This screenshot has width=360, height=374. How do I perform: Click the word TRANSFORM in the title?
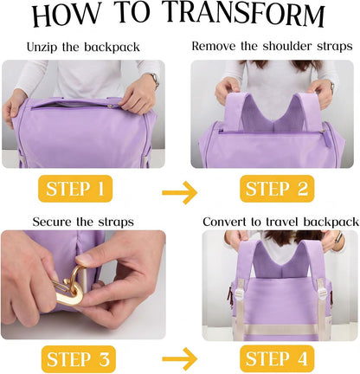[245, 14]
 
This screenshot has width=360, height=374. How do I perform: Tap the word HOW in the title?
[66, 15]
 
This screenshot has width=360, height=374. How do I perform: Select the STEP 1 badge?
[75, 189]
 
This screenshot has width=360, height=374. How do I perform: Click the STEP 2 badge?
[277, 189]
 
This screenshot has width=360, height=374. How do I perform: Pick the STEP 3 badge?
[79, 359]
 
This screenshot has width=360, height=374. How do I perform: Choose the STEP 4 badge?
[277, 358]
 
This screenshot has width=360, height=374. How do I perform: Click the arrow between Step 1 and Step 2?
[179, 192]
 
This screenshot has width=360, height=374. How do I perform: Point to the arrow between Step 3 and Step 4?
[179, 359]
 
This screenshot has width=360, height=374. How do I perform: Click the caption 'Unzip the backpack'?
[83, 47]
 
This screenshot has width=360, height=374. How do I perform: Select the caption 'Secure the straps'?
[83, 222]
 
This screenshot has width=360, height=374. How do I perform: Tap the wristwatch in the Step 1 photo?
[155, 80]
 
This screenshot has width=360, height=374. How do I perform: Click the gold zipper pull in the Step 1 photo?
[111, 106]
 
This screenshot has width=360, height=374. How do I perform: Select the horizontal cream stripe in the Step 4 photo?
[280, 329]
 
